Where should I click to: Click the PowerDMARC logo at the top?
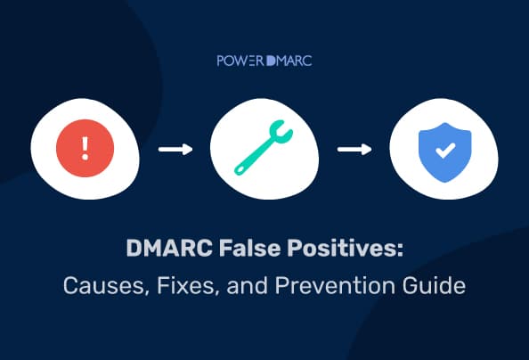point(264,63)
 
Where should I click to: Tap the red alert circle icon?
point(85,147)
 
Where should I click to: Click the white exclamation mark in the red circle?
point(85,147)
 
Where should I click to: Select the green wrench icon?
point(264,148)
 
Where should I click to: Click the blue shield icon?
point(443,148)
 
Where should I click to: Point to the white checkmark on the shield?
point(443,149)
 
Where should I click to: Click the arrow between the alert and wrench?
point(175,148)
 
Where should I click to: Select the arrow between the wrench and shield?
point(354,148)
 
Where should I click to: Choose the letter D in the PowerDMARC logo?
point(271,63)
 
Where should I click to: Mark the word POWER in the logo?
point(240,63)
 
